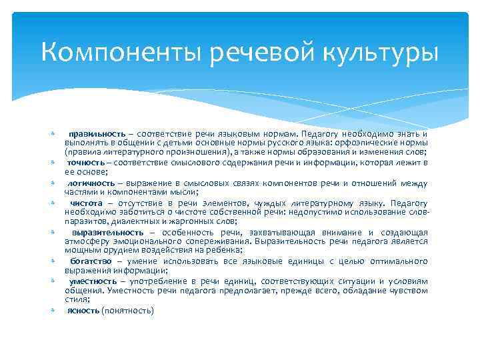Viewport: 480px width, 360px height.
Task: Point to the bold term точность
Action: tap(87, 162)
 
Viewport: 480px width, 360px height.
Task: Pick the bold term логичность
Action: tap(89, 183)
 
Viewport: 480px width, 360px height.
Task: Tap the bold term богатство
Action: tap(90, 261)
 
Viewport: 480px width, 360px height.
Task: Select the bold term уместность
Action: tap(92, 281)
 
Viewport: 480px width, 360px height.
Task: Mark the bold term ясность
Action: tap(83, 311)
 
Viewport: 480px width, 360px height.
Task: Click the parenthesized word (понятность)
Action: tap(127, 311)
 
